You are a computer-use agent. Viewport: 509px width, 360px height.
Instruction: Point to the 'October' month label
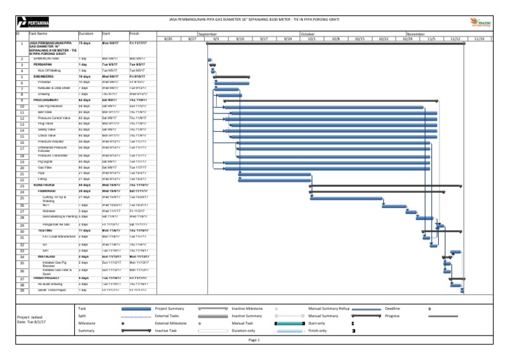click(308, 32)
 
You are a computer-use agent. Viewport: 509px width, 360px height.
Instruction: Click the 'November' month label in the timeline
click(416, 32)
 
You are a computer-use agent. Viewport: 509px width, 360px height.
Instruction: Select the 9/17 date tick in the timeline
click(263, 39)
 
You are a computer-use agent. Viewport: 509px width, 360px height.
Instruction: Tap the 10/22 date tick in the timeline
click(383, 39)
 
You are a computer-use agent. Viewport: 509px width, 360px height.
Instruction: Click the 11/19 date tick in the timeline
click(479, 39)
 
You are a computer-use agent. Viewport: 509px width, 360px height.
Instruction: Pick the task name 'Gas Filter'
click(46, 168)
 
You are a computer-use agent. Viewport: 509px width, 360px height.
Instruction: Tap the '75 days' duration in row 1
click(85, 43)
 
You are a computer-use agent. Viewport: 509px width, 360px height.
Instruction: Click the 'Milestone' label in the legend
click(87, 323)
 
